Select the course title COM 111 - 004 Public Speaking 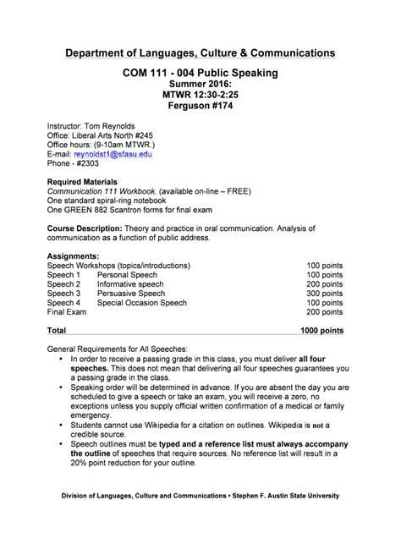click(x=200, y=74)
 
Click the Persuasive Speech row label click(x=131, y=293)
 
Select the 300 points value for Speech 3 click(x=325, y=293)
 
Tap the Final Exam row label click(x=67, y=311)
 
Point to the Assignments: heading click(x=74, y=256)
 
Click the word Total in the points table click(x=57, y=330)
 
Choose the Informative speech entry click(x=130, y=283)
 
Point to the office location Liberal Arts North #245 click(x=121, y=135)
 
